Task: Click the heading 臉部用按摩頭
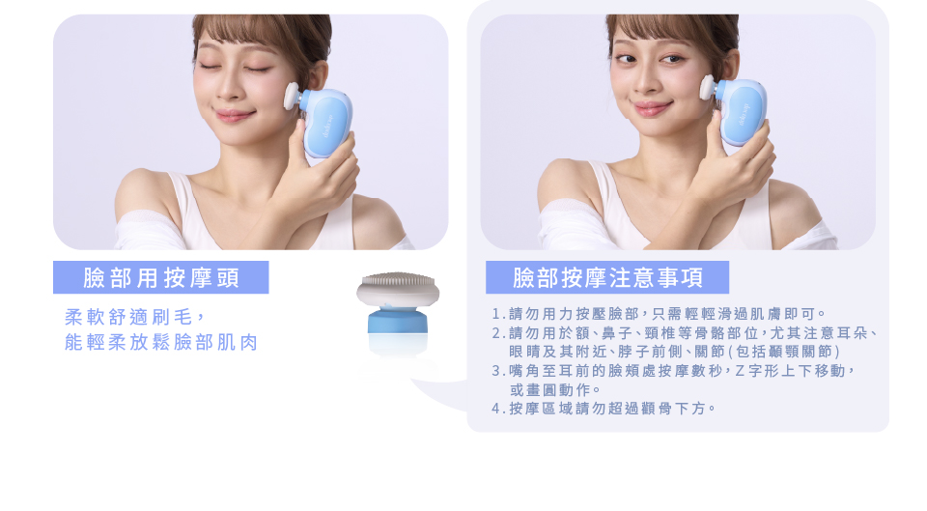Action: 161,277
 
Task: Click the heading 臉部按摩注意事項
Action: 607,277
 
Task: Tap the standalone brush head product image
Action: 398,314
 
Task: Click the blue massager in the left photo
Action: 327,122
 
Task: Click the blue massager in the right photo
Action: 741,112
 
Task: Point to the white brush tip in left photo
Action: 291,96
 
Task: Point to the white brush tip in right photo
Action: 707,87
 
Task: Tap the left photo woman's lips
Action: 234,115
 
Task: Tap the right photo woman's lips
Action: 651,108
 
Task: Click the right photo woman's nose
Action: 646,82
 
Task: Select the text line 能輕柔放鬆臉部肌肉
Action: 161,343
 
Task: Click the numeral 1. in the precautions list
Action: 498,314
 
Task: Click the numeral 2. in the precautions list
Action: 498,333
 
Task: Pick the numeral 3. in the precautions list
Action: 498,371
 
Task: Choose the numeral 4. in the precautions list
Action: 498,409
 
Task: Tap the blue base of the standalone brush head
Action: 398,320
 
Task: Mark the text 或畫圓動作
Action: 549,389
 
